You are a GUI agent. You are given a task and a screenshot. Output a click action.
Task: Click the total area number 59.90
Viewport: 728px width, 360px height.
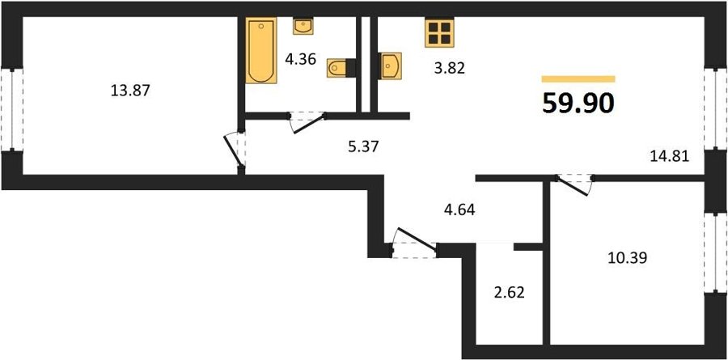pyautogui.click(x=578, y=103)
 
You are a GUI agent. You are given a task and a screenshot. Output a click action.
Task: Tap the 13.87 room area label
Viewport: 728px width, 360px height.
pyautogui.click(x=130, y=90)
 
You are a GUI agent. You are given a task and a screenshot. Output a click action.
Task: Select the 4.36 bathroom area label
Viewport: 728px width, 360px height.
pyautogui.click(x=300, y=59)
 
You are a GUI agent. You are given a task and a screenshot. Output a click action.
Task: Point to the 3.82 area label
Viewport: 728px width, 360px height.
pyautogui.click(x=449, y=69)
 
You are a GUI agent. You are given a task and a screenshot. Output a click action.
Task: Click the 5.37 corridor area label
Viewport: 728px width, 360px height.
pyautogui.click(x=364, y=146)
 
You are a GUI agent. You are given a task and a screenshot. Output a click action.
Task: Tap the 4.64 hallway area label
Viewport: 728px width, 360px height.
pyautogui.click(x=459, y=210)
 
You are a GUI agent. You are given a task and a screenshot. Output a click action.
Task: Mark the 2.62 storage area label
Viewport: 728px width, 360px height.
pyautogui.click(x=509, y=294)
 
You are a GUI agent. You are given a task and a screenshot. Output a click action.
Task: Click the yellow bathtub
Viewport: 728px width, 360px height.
pyautogui.click(x=261, y=50)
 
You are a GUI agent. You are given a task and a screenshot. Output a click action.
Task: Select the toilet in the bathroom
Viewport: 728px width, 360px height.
pyautogui.click(x=341, y=68)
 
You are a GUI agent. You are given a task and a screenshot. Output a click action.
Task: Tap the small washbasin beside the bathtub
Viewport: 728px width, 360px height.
pyautogui.click(x=303, y=26)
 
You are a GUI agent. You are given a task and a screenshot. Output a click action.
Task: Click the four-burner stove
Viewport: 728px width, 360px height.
pyautogui.click(x=439, y=32)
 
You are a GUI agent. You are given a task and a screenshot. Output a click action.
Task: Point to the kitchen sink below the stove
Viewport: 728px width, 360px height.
pyautogui.click(x=390, y=66)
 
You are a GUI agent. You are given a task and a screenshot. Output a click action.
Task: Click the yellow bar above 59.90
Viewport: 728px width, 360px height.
pyautogui.click(x=578, y=79)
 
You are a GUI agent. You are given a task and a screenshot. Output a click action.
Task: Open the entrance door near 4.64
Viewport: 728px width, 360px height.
pyautogui.click(x=414, y=243)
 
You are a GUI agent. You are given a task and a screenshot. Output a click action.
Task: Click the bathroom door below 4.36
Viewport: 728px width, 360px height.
pyautogui.click(x=307, y=121)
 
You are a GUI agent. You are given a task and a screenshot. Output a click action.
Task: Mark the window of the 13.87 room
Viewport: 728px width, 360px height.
pyautogui.click(x=11, y=110)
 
